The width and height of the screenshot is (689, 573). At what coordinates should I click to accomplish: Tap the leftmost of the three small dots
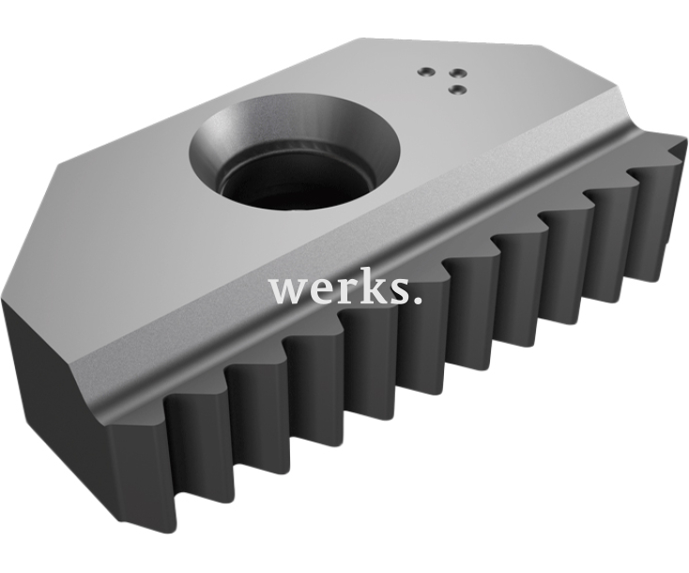(425, 70)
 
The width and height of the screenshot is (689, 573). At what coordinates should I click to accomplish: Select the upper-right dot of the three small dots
(458, 72)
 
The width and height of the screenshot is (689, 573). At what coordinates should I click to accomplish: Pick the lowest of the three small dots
(458, 89)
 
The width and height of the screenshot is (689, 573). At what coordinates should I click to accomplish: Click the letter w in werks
(290, 290)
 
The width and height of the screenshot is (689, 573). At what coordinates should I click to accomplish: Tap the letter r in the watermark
(347, 290)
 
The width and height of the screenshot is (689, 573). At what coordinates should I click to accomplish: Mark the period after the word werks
(418, 300)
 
